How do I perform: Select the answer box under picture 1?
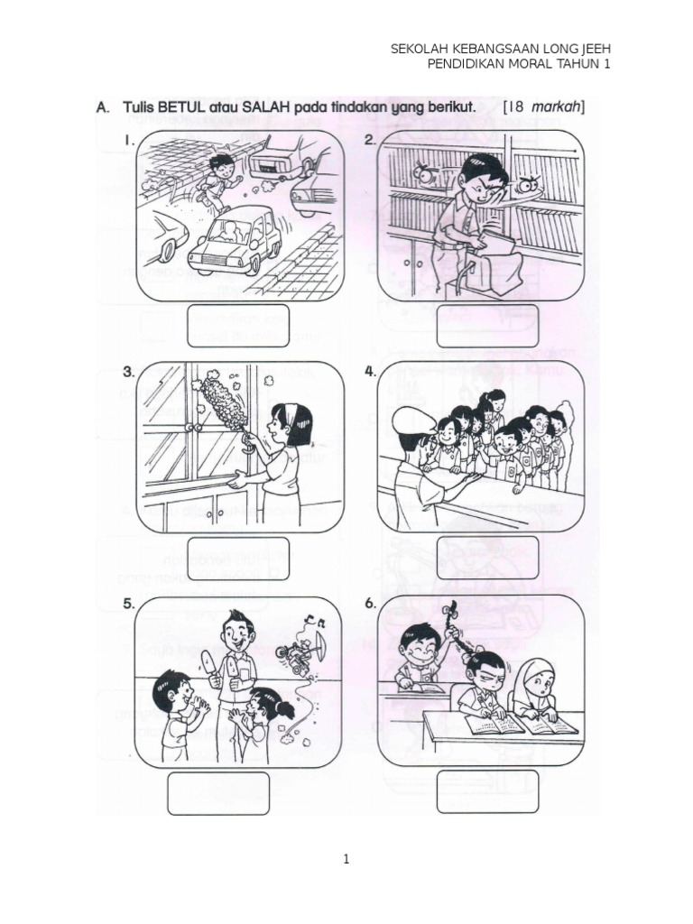tap(238, 326)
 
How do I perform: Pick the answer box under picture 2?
tap(487, 326)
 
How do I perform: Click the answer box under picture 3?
tap(238, 559)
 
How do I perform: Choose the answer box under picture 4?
tap(487, 557)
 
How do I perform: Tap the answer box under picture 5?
tap(218, 794)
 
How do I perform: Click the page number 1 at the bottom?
tap(346, 860)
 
